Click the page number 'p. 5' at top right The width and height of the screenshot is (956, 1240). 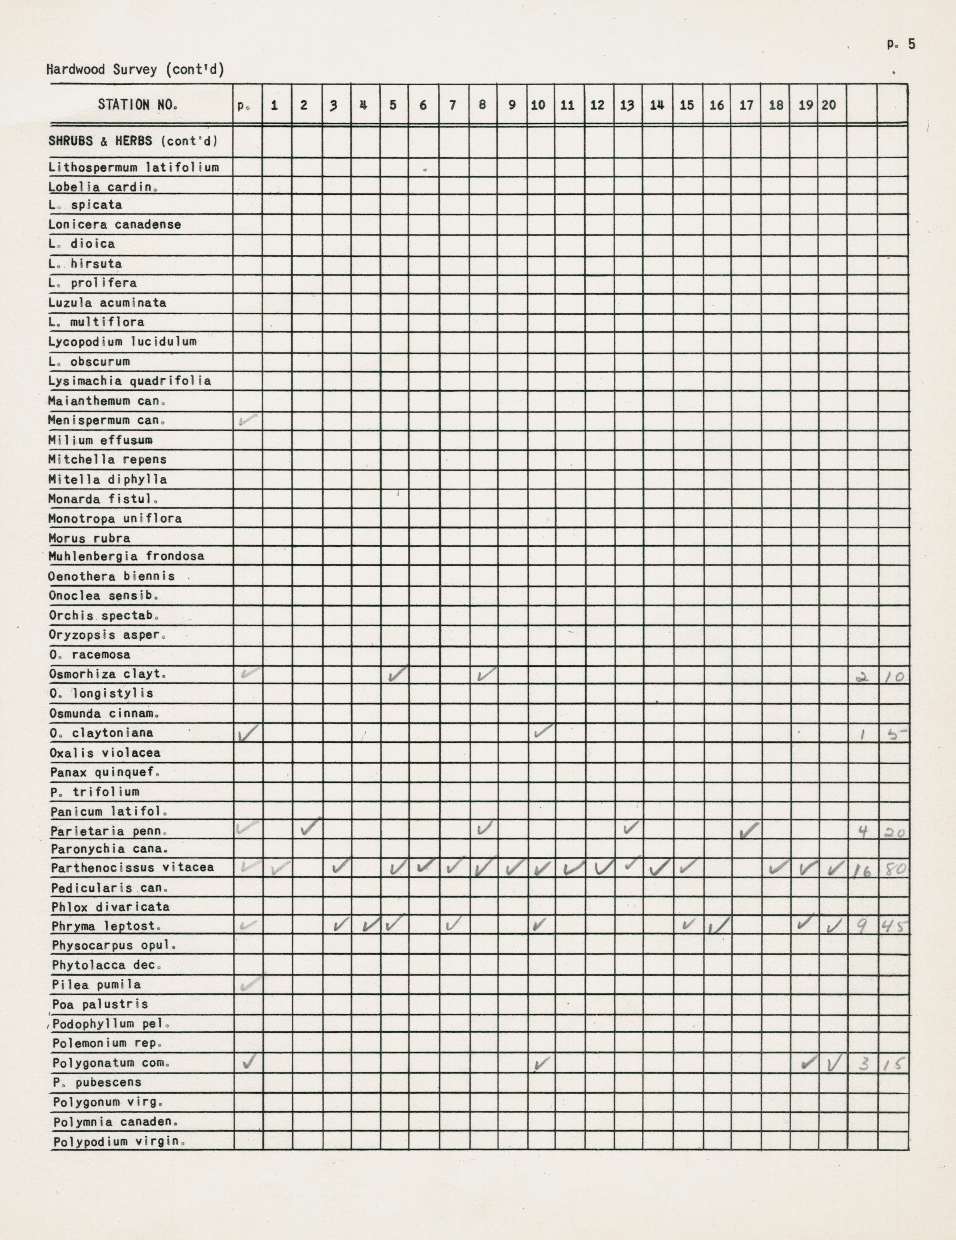point(901,44)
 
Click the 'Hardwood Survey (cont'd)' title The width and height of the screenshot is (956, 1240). point(135,70)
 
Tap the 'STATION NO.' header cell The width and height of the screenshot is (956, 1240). point(138,104)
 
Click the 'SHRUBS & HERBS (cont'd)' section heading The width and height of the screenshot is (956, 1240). point(133,141)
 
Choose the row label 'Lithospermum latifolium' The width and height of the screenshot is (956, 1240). point(134,167)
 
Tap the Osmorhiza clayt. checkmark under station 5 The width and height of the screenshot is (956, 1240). point(398,674)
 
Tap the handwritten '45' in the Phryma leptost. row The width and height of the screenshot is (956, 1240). point(893,926)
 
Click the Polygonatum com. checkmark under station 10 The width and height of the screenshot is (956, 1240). point(542,1063)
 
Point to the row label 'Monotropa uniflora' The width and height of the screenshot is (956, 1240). point(114,518)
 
